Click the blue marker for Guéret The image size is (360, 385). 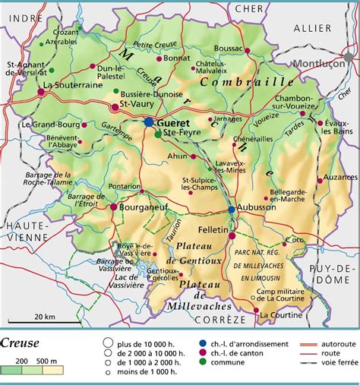click(148, 121)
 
